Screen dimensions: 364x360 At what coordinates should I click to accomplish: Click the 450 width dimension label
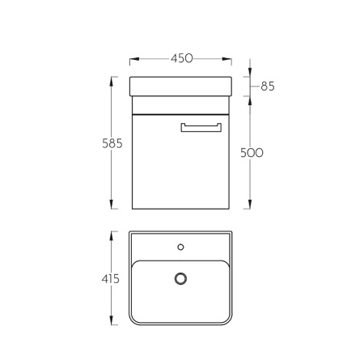pyautogui.click(x=182, y=58)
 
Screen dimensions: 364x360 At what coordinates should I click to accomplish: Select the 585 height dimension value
pyautogui.click(x=112, y=143)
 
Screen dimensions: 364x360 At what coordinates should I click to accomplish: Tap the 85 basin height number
pyautogui.click(x=268, y=87)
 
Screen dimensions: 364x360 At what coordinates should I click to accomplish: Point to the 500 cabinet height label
pyautogui.click(x=252, y=153)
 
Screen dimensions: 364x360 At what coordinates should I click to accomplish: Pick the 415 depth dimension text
pyautogui.click(x=111, y=279)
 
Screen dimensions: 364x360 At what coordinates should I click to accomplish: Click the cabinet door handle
pyautogui.click(x=201, y=128)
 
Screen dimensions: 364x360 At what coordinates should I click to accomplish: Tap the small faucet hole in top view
pyautogui.click(x=180, y=247)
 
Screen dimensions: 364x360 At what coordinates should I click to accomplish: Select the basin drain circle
pyautogui.click(x=180, y=278)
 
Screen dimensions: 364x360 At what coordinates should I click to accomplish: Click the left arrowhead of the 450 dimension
pyautogui.click(x=134, y=59)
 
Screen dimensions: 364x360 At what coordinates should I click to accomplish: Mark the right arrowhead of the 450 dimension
pyautogui.click(x=226, y=59)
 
